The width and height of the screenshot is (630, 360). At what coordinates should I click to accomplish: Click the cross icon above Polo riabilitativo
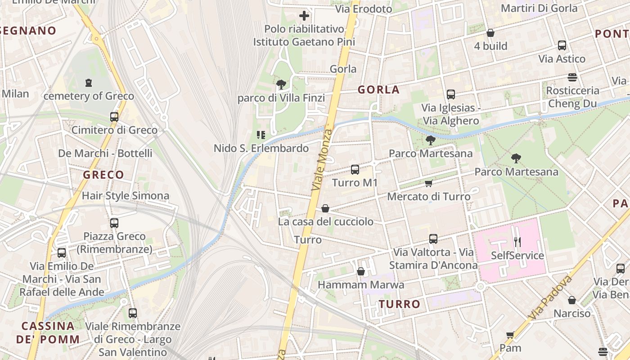tap(304, 16)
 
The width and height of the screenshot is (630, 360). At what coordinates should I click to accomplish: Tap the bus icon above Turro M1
tap(355, 170)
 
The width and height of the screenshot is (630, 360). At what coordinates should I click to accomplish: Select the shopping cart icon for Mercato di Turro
tap(429, 183)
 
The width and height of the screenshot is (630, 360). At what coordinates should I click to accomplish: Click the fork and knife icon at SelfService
tap(517, 242)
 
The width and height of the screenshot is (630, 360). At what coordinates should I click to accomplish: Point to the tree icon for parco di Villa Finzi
tap(281, 84)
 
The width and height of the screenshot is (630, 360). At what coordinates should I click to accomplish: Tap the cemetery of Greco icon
tap(88, 83)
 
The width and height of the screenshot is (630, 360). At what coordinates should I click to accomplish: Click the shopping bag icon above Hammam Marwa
tap(360, 271)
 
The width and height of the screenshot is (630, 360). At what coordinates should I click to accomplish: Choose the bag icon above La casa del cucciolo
tap(325, 208)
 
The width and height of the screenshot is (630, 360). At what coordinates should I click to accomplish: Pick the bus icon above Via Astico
tap(562, 45)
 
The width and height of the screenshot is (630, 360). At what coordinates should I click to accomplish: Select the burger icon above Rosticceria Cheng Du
tap(572, 77)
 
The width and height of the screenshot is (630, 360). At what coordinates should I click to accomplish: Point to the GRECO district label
tap(103, 175)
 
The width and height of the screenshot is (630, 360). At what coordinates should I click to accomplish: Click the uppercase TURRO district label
tap(400, 304)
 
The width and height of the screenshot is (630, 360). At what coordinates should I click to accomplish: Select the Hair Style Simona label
tap(126, 196)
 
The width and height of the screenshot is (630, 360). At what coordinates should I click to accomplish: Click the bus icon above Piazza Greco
tap(114, 223)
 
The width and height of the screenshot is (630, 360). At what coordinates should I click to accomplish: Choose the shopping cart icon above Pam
tap(510, 335)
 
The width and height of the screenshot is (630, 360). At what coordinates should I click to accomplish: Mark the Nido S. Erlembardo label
tap(261, 148)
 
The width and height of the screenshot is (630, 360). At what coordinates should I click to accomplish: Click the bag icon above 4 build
tap(490, 33)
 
